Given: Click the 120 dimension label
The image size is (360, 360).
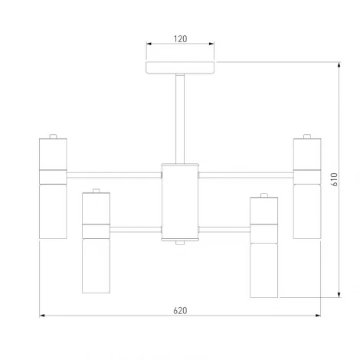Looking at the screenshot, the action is point(180,39).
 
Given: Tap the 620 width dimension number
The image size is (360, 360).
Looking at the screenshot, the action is point(180,311).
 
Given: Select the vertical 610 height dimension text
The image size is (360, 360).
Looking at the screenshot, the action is point(335,179).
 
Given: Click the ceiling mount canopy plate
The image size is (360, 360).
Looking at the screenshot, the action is point(180,67).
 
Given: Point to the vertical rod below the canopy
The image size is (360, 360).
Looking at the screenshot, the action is point(180,119).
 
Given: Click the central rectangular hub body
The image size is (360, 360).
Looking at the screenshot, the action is point(180,202).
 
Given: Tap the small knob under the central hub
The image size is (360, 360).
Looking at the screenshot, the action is point(180,243).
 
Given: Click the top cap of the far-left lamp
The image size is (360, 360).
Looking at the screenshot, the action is point(53,136).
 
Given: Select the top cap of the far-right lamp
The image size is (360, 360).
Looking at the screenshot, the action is point(307,136).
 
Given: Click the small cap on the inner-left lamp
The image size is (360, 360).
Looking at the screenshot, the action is point(96,191).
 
